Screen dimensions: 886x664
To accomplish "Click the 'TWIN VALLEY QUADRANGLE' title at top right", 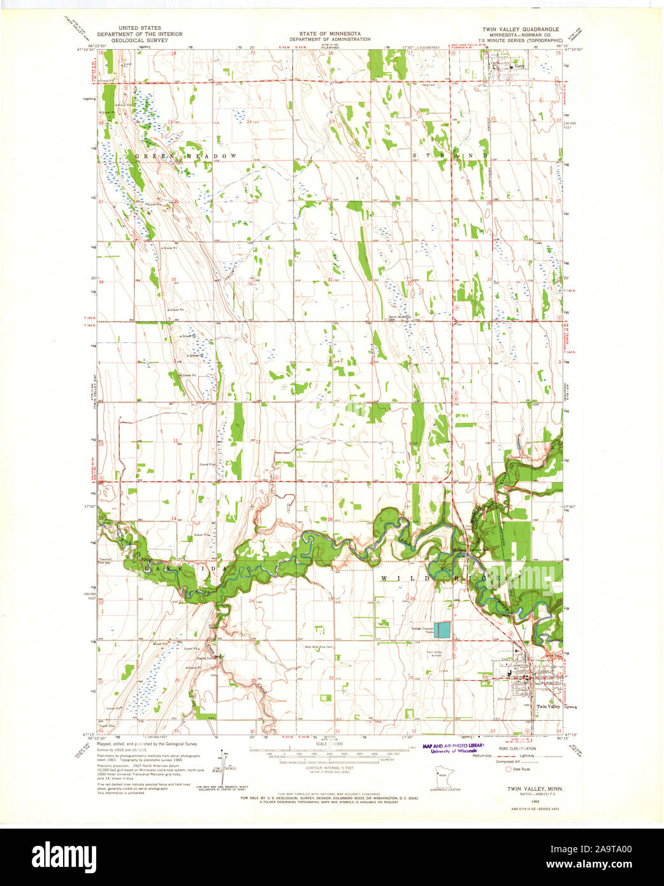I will click(x=520, y=29).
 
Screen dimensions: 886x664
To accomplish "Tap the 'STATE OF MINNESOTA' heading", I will click(x=329, y=33).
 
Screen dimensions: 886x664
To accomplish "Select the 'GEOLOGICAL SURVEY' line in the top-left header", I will click(x=139, y=40).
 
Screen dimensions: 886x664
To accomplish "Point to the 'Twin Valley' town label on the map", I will click(x=548, y=706).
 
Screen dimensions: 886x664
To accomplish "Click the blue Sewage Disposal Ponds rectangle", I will click(x=442, y=630).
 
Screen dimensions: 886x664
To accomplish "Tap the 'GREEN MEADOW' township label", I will click(x=185, y=156).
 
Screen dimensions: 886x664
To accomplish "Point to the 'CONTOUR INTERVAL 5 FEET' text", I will click(x=329, y=768).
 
